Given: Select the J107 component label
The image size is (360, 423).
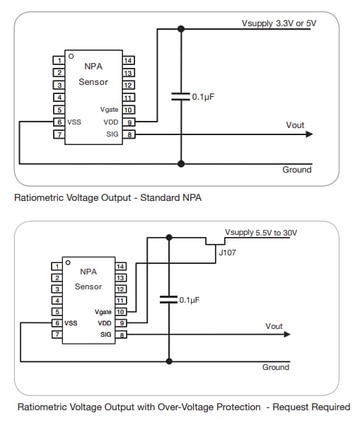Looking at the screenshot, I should tap(227, 251).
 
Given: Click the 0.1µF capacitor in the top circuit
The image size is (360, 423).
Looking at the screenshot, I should tap(181, 97).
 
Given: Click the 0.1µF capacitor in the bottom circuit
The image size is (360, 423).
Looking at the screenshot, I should tap(168, 300).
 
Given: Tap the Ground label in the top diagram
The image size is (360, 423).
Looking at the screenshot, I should tap(296, 170).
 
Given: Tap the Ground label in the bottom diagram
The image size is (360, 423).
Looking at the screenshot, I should tap(276, 367).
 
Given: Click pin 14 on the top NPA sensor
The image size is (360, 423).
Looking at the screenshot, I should tap(128, 60).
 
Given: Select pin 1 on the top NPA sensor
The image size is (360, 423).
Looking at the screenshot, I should tap(59, 60).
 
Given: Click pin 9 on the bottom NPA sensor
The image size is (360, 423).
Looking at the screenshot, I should tap(121, 323).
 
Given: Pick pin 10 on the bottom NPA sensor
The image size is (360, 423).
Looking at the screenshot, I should tap(121, 311).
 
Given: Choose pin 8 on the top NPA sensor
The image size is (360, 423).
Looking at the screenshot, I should tap(128, 134).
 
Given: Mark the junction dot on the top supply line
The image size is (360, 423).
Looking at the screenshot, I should tap(181, 29).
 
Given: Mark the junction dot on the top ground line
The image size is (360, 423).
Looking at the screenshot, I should tap(181, 163).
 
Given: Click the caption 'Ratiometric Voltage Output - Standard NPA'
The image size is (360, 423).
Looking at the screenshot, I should tap(108, 198).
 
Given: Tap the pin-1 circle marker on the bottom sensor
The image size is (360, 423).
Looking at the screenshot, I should tap(68, 262).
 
